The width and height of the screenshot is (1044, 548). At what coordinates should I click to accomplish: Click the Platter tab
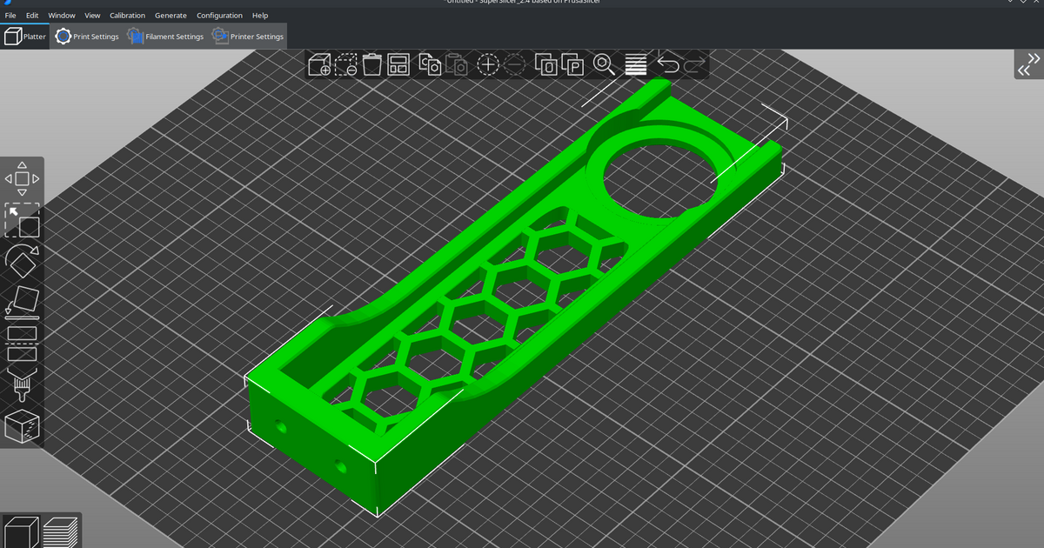25,37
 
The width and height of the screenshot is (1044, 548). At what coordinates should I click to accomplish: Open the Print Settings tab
87,37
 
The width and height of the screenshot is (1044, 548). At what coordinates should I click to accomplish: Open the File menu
10,16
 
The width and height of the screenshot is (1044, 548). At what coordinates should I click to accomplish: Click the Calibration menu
127,16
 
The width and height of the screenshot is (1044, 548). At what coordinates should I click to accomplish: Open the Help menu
260,16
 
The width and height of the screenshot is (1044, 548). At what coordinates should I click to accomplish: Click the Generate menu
171,16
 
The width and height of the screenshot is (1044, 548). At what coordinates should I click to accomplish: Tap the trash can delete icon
372,64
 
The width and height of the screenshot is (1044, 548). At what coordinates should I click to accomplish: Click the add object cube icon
319,64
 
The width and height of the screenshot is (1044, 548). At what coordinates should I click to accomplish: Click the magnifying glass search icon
604,64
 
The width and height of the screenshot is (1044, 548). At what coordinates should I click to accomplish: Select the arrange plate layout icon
398,64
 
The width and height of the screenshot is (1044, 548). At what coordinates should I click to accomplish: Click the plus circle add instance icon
488,64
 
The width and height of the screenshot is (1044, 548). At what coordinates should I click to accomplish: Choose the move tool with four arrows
23,178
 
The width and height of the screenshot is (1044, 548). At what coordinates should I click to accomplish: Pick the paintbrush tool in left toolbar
23,384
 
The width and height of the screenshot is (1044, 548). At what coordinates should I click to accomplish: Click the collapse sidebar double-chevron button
1029,65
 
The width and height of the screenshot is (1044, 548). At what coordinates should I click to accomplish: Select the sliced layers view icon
61,531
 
